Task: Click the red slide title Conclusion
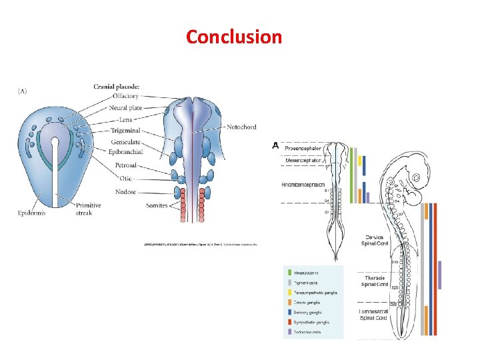pos(234,36)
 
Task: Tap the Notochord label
pos(241,127)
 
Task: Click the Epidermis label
pos(31,213)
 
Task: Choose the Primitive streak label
pos(88,209)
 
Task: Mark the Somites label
pos(157,205)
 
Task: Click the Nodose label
pos(125,192)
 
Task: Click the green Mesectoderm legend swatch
pos(289,273)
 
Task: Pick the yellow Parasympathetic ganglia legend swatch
pos(289,293)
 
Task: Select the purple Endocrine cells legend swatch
pos(289,332)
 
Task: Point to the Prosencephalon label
pos(303,148)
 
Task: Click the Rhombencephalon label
pos(303,184)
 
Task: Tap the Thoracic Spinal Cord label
pos(374,281)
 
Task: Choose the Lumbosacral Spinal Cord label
pos(374,315)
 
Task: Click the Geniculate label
pos(127,141)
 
